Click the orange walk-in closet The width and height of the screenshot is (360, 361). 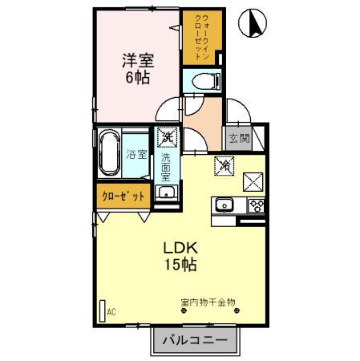click(x=195, y=39)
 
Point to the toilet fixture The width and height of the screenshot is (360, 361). click(x=203, y=81)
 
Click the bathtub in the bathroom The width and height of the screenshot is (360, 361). click(x=110, y=154)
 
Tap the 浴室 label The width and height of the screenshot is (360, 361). click(x=136, y=154)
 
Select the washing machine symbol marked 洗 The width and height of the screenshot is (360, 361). click(x=167, y=137)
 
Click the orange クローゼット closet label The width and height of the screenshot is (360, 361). click(x=123, y=195)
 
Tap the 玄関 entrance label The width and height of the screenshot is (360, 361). click(x=239, y=139)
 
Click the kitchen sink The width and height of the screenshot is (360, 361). click(x=224, y=205)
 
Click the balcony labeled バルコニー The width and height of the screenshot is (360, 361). click(x=195, y=340)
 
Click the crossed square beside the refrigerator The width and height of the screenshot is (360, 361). click(x=256, y=180)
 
